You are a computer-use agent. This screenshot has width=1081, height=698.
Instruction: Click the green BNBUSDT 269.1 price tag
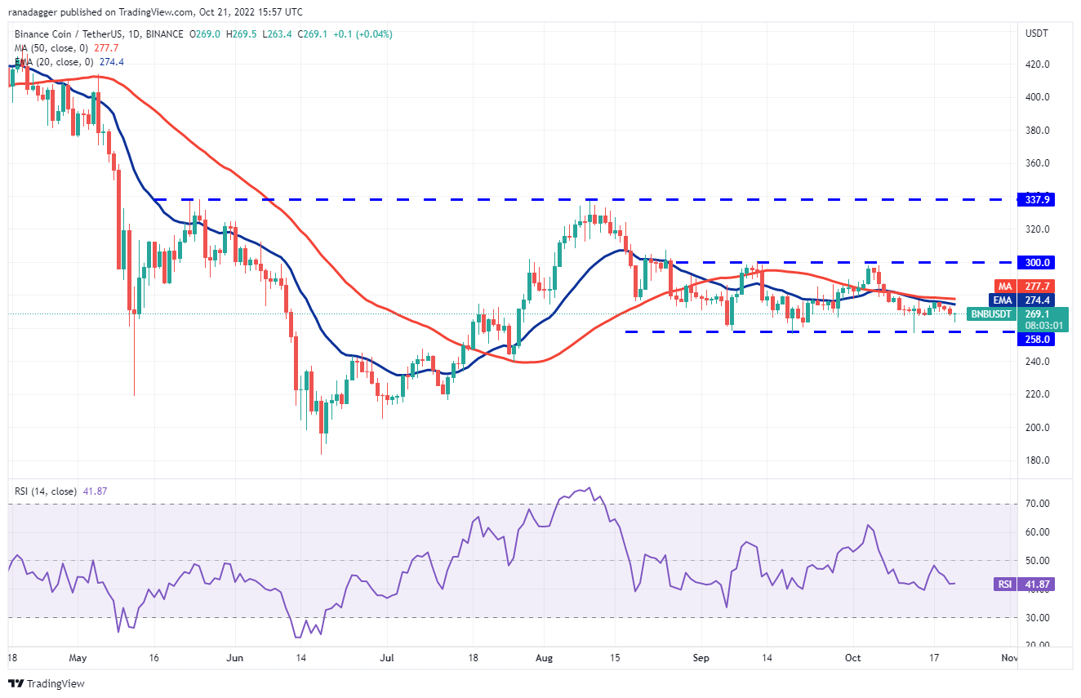[x=1016, y=313]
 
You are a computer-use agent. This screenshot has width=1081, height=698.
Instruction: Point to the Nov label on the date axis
[x=1009, y=657]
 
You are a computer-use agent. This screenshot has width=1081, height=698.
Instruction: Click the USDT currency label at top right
[x=1037, y=33]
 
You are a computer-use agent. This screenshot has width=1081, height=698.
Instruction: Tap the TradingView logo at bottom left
[x=47, y=683]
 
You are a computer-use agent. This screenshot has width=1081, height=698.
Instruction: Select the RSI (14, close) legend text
[x=47, y=491]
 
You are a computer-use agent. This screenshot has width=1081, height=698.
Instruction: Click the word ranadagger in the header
[x=33, y=12]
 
